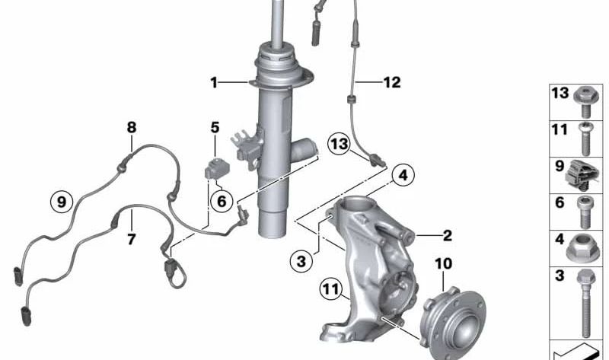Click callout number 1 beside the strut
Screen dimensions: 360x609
tap(215, 82)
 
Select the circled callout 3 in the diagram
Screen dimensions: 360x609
tap(301, 262)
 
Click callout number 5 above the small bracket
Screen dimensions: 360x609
tap(215, 128)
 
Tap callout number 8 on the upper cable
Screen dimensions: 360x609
tap(131, 127)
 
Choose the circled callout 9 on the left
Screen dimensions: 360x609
tap(62, 202)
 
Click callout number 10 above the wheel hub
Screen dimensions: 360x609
tap(444, 264)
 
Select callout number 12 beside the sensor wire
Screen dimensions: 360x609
tap(391, 82)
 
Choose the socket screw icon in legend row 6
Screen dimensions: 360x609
tap(584, 211)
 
